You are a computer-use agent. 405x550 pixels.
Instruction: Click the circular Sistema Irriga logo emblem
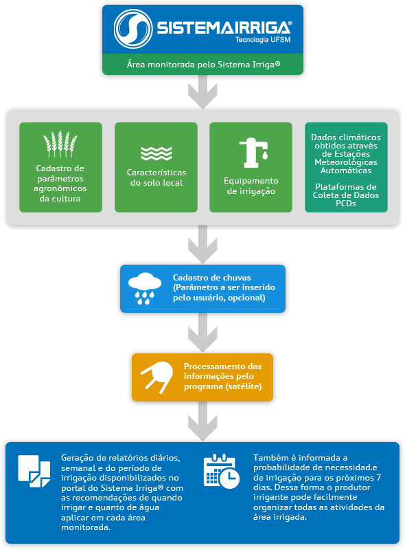(x=133, y=29)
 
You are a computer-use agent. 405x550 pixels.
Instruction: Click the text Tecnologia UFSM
(x=263, y=40)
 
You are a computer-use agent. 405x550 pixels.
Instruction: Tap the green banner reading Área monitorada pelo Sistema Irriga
(x=203, y=65)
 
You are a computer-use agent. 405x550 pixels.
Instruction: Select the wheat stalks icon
(x=60, y=144)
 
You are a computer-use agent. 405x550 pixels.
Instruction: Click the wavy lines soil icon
(x=157, y=153)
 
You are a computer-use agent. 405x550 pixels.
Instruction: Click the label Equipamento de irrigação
(x=251, y=186)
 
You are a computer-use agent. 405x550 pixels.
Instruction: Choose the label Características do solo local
(x=157, y=177)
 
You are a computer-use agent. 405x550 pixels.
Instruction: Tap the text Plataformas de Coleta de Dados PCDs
(x=346, y=195)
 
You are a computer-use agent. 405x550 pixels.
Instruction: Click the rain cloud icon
(x=145, y=288)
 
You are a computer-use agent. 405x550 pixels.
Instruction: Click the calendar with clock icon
(x=222, y=471)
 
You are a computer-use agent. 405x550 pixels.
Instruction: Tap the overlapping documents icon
(x=34, y=471)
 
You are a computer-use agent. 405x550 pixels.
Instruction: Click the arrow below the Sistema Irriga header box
(x=203, y=92)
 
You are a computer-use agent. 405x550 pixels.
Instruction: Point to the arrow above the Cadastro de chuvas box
(x=203, y=245)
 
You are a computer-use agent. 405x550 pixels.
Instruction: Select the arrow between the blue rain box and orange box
(x=203, y=333)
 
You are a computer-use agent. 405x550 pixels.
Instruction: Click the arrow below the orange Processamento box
(x=203, y=421)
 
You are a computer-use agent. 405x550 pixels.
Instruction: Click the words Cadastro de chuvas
(x=211, y=278)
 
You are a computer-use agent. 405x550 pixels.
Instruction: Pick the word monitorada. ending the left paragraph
(x=86, y=527)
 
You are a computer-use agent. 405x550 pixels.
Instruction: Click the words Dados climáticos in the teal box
(x=346, y=137)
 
